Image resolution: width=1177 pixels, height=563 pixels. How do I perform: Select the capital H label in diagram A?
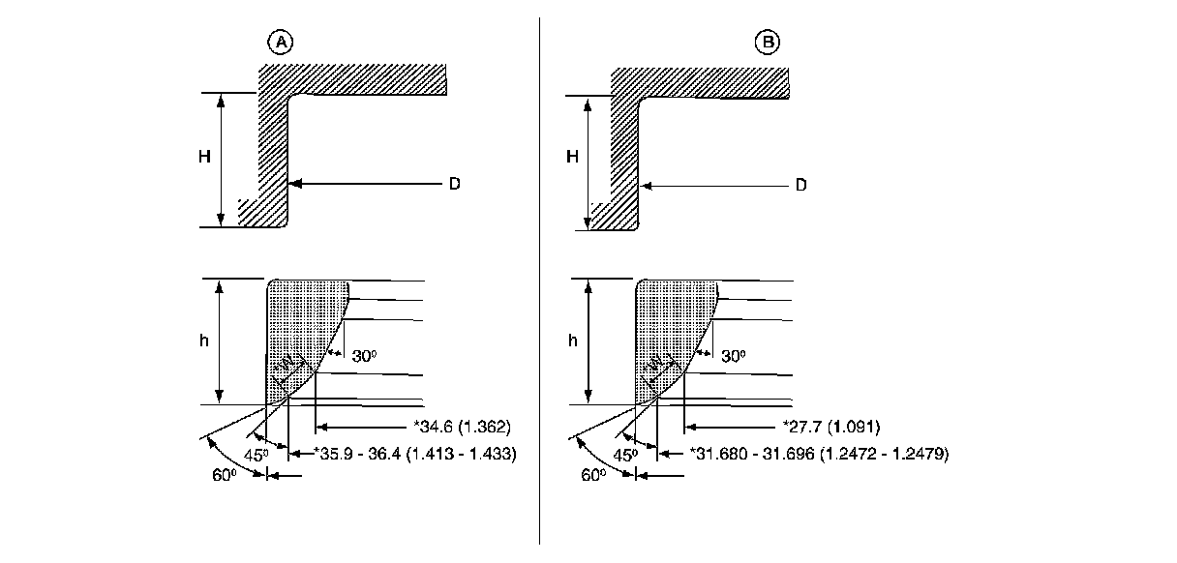205,157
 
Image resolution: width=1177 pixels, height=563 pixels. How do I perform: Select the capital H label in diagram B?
572,157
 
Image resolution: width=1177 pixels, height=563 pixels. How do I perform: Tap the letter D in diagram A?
453,183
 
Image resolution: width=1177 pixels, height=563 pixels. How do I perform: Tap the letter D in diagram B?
800,185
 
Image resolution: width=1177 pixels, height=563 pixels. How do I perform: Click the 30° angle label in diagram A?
364,356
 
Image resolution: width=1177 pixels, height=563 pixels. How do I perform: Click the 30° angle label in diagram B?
734,356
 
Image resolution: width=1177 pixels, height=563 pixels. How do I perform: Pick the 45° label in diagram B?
627,453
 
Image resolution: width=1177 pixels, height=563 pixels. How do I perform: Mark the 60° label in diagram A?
223,475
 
